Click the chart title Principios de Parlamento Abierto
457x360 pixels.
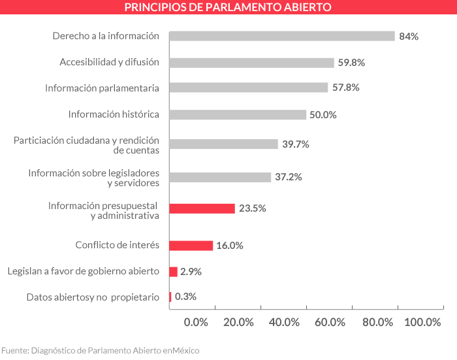[x=228, y=8]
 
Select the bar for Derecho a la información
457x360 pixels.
[x=281, y=36]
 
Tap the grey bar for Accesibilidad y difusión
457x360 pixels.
[x=251, y=63]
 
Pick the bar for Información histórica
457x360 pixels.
[x=237, y=114]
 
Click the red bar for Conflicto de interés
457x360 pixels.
[x=191, y=246]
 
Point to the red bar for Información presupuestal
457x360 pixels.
[x=202, y=208]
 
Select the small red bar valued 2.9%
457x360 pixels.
[x=173, y=271]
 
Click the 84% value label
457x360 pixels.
[x=409, y=37]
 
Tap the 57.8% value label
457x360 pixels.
[x=345, y=88]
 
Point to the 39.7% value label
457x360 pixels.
[x=295, y=144]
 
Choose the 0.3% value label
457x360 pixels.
[x=185, y=297]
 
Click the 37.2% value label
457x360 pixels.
[x=288, y=177]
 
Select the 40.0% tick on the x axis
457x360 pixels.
[x=284, y=322]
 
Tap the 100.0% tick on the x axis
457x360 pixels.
[x=422, y=322]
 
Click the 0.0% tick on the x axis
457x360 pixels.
[x=196, y=322]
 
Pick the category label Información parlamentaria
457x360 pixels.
[x=102, y=88]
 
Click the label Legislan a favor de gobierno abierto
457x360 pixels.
[x=83, y=271]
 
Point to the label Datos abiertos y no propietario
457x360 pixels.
[x=93, y=297]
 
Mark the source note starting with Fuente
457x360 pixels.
[x=100, y=350]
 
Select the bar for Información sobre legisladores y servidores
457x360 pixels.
[x=220, y=177]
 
